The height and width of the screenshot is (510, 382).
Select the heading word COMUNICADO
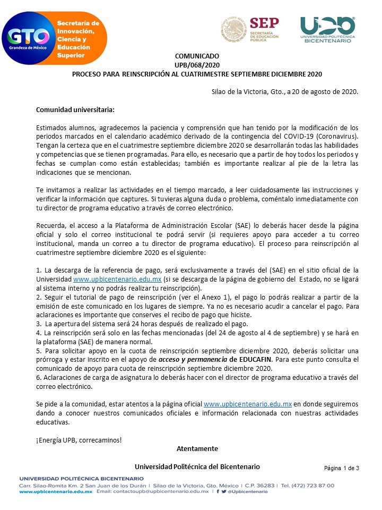[x=197, y=56]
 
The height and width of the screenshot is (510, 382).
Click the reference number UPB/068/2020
[x=197, y=65]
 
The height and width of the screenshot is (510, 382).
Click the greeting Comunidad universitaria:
[x=75, y=110]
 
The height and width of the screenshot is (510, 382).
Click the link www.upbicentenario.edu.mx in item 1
[x=117, y=278]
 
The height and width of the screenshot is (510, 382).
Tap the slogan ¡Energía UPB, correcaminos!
[x=79, y=440]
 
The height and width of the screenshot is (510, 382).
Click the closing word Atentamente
[x=197, y=449]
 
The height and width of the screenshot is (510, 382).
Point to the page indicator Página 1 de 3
[x=342, y=468]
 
